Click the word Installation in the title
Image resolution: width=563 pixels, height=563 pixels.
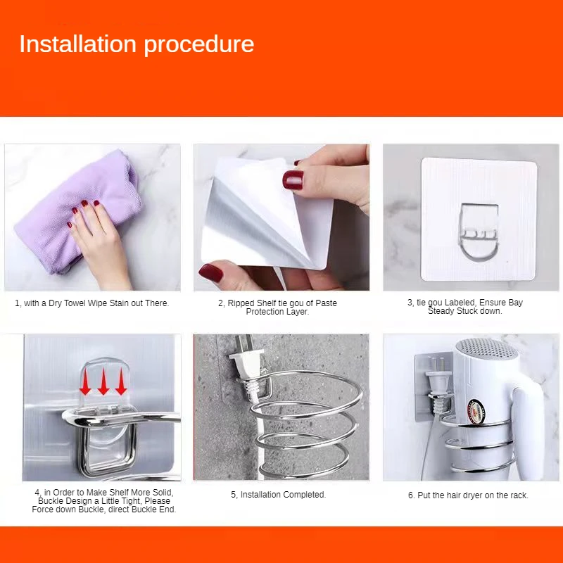(x=78, y=44)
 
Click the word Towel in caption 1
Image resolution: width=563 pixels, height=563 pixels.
(x=76, y=303)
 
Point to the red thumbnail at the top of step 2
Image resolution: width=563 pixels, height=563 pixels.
(x=293, y=179)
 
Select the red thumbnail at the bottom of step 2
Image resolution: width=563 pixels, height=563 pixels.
(x=211, y=272)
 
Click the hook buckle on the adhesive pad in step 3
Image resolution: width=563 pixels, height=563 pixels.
(x=479, y=232)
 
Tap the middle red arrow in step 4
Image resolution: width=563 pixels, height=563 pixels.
(x=103, y=381)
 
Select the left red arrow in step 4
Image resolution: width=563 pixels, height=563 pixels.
(x=85, y=382)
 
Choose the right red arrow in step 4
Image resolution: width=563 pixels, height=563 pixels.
(x=121, y=381)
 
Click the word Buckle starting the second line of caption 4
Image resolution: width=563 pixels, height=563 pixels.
(x=49, y=501)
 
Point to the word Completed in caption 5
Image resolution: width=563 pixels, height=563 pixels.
(x=305, y=495)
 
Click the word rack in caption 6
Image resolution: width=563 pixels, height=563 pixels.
(x=520, y=495)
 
